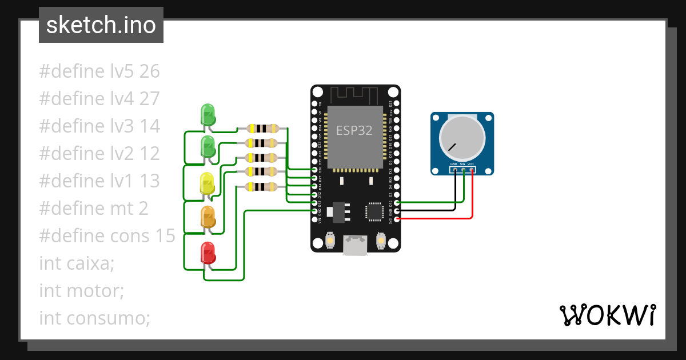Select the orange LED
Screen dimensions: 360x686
208,218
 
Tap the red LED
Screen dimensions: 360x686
208,253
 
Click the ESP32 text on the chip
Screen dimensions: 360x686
354,130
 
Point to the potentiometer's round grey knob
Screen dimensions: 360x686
462,139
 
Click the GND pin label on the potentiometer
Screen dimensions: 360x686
454,164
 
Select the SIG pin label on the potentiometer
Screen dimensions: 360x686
462,164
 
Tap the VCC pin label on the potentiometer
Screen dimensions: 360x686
471,164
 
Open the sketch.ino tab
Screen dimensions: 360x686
101,25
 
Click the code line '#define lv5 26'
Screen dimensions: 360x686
99,71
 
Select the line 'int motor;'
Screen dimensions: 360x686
81,291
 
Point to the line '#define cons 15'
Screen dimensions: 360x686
107,236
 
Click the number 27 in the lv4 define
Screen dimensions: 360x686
149,99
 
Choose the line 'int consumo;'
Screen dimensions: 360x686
94,318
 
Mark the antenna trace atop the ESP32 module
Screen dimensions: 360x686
354,94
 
